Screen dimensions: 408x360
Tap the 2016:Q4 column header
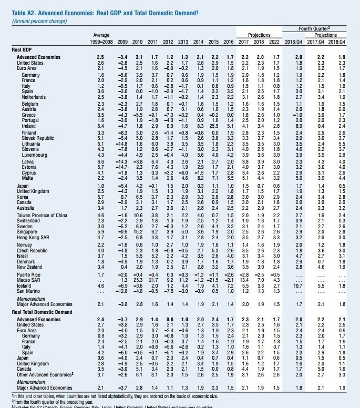(299, 40)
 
